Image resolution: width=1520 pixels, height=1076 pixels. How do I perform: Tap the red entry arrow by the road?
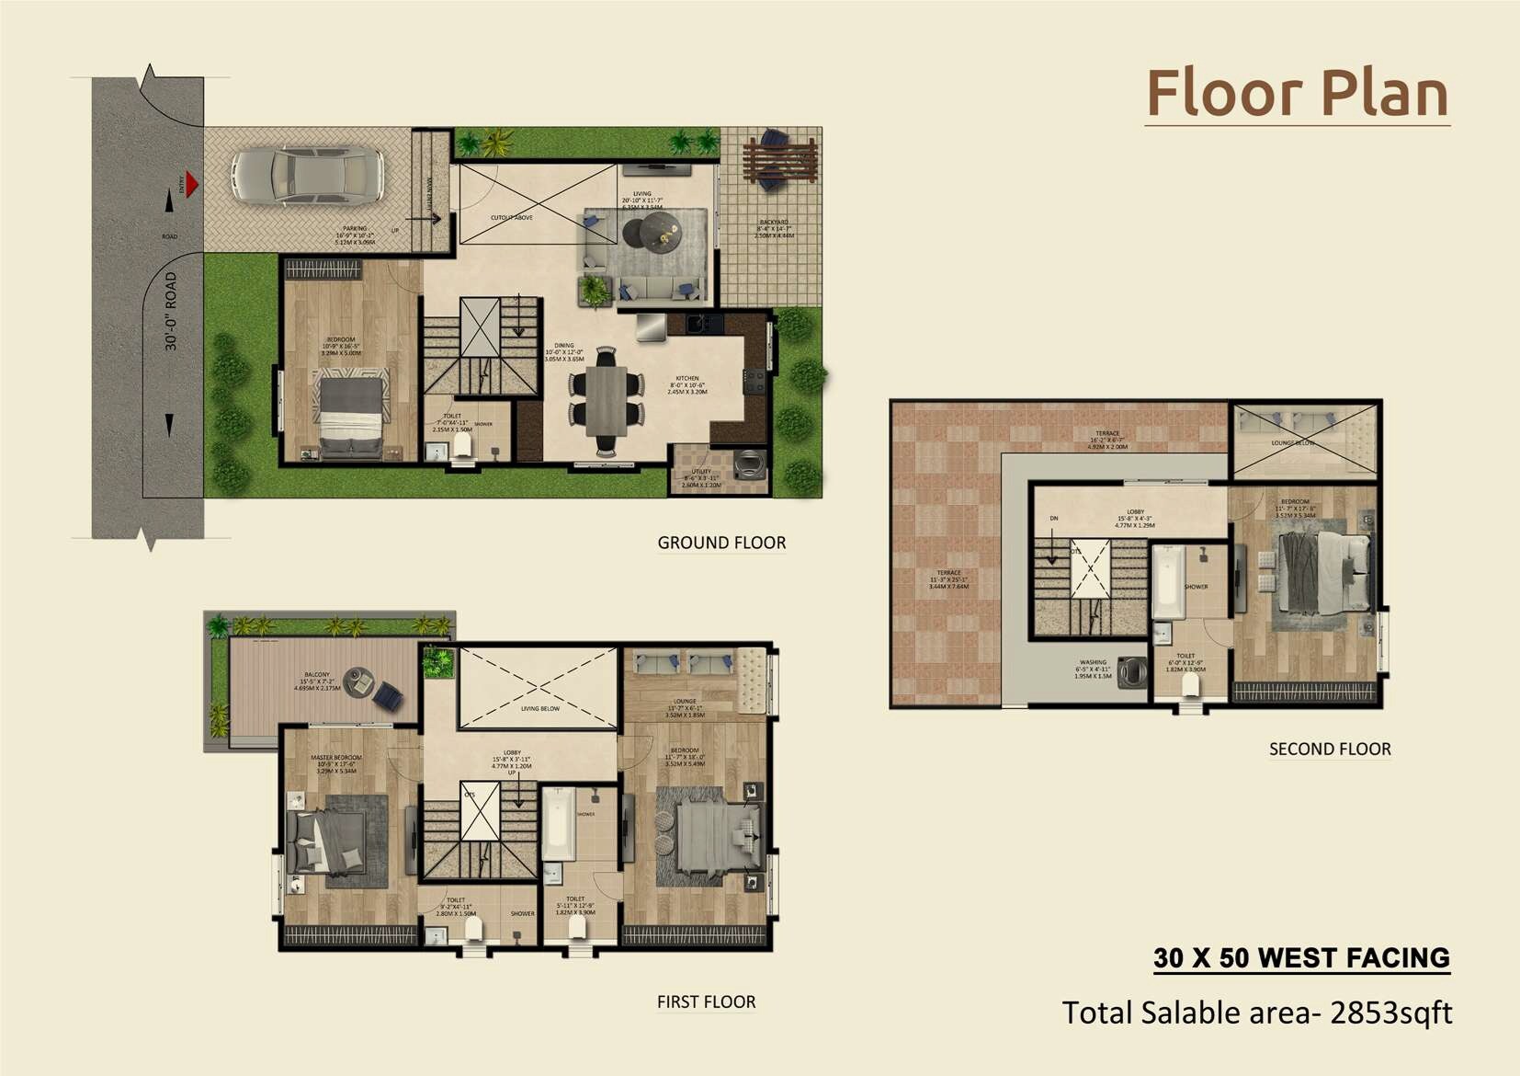point(191,184)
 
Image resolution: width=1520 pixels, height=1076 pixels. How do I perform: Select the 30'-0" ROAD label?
point(171,311)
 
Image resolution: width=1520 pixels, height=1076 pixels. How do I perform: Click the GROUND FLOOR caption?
point(721,543)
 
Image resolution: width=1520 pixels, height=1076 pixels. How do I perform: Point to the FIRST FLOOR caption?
point(706,1002)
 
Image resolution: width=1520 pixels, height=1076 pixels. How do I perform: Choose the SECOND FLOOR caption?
point(1329,749)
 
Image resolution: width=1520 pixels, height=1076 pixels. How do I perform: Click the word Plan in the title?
point(1384,94)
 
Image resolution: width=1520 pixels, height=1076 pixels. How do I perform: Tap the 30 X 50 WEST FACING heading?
point(1301,957)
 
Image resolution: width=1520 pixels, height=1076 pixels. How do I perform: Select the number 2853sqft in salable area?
point(1391,1013)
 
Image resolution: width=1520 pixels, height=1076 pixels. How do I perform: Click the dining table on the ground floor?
point(607,401)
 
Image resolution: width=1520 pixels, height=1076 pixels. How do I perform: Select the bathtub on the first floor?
point(558,823)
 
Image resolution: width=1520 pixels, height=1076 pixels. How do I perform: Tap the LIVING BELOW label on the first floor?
point(539,708)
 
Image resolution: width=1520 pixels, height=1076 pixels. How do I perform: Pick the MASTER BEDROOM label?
point(336,758)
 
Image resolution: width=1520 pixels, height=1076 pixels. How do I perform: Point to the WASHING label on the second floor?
point(1093,662)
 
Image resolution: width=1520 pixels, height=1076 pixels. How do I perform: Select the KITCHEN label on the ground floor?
point(687,378)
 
